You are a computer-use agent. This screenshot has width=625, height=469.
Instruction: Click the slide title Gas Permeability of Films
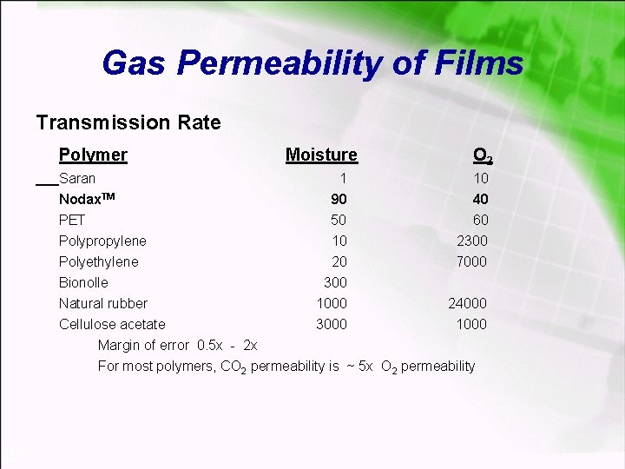(x=312, y=63)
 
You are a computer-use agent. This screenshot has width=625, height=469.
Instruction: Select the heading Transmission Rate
(x=128, y=122)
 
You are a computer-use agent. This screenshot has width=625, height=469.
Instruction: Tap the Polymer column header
(x=93, y=155)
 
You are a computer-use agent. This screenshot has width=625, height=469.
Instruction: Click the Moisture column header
(x=321, y=155)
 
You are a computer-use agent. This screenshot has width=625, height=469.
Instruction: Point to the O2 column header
(x=483, y=155)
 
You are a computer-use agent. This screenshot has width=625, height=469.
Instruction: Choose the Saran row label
(x=77, y=178)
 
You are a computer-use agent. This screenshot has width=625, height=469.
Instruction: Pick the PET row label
(x=72, y=220)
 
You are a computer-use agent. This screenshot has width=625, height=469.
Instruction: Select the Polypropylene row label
(x=102, y=241)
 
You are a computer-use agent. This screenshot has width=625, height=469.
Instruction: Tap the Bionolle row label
(x=83, y=282)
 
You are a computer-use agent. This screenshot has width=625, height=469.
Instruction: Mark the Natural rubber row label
(x=103, y=303)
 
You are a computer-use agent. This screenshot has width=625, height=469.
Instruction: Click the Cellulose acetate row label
(x=112, y=324)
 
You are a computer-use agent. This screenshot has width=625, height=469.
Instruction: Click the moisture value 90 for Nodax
(x=339, y=199)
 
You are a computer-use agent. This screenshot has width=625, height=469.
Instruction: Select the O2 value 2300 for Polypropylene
(x=472, y=241)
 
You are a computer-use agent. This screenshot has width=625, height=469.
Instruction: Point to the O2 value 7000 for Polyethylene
(x=472, y=261)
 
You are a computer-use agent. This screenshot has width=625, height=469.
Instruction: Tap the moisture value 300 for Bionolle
(x=335, y=282)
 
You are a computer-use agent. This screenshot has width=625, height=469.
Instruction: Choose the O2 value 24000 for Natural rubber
(x=468, y=303)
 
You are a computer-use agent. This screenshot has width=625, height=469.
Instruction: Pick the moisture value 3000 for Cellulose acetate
(x=332, y=324)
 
